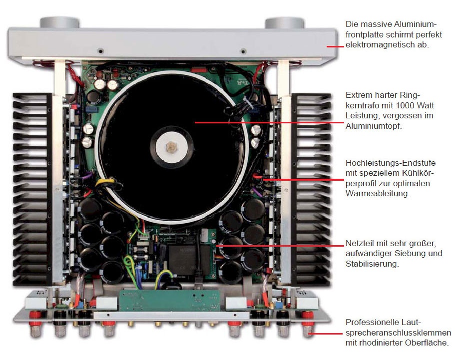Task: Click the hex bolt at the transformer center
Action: point(171,147)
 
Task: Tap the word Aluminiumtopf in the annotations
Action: point(374,126)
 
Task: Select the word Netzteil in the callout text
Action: point(360,243)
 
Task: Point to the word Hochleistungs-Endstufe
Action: point(391,163)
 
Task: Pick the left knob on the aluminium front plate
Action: point(59,23)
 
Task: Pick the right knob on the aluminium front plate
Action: point(284,23)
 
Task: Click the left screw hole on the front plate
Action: point(100,51)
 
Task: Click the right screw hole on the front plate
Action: point(243,51)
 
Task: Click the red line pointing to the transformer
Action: point(269,122)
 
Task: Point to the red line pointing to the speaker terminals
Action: point(326,334)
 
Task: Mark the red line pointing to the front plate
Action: point(335,46)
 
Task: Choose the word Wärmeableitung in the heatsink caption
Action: point(377,193)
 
